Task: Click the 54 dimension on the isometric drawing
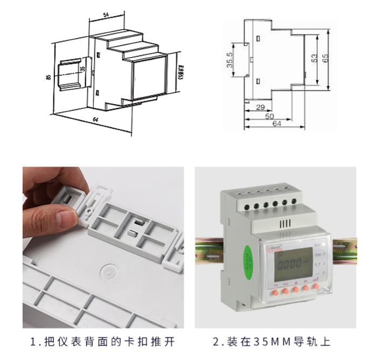106,15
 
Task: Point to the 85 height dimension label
49,79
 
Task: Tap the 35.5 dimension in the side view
230,60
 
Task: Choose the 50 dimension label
269,116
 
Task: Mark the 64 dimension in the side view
277,124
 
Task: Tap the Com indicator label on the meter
318,254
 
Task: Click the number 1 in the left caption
33,342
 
